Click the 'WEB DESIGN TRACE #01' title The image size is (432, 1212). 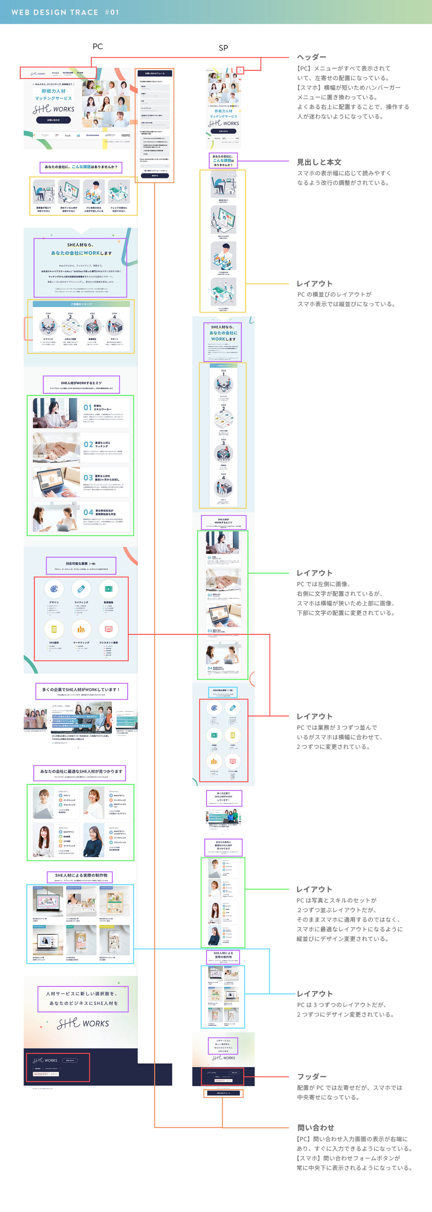click(65, 12)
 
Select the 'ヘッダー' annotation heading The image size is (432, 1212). click(311, 57)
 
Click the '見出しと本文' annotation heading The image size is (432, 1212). click(319, 162)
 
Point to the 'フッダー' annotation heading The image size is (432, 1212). click(311, 1076)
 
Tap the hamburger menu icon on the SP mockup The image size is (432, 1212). click(240, 71)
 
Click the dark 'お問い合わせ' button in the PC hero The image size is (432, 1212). click(53, 120)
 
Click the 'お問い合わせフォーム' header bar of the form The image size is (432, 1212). click(154, 73)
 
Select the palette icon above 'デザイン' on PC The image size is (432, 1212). click(54, 589)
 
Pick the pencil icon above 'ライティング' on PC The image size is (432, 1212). click(81, 589)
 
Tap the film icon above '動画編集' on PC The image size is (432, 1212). click(109, 589)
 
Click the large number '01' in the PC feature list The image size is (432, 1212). click(88, 407)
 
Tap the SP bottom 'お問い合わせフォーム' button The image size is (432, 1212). click(223, 1093)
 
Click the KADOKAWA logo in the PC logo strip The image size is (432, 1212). click(93, 135)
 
